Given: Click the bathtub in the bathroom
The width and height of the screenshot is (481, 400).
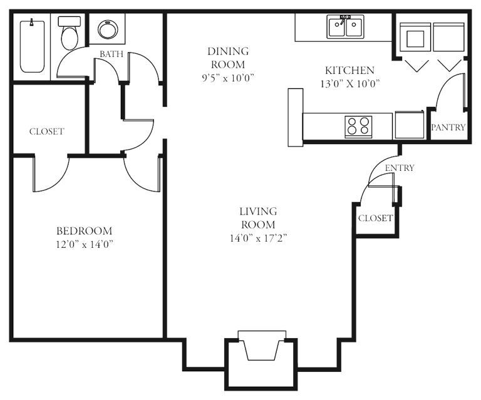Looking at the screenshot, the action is click(32, 46).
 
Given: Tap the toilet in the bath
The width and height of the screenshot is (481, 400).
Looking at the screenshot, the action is click(70, 33).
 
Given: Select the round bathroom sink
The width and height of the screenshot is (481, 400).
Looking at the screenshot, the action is click(107, 29).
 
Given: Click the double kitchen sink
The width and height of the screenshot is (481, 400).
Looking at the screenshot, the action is click(346, 27).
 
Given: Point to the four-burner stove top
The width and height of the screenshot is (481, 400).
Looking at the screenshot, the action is click(358, 126).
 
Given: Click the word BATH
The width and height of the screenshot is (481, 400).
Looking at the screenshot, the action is click(111, 54).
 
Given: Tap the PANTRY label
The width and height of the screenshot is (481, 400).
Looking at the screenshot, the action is click(448, 127).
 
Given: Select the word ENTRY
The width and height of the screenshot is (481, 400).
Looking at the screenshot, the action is click(400, 168).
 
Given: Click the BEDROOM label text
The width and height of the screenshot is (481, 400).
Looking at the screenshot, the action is click(85, 230).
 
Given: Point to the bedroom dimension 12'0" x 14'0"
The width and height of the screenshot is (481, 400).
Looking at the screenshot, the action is click(85, 244).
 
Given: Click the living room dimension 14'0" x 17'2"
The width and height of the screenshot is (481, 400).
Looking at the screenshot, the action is click(258, 238).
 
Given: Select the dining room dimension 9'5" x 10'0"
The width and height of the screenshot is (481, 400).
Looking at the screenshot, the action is click(228, 78).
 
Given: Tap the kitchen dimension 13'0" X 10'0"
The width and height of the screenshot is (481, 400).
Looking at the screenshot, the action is click(350, 84).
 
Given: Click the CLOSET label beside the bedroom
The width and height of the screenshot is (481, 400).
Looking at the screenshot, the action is click(46, 131).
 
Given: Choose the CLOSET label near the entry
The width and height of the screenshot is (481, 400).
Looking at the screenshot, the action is click(376, 218).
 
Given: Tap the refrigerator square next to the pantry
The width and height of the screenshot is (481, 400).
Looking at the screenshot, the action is click(409, 125).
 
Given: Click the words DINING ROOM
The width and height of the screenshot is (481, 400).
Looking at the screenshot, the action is click(228, 58).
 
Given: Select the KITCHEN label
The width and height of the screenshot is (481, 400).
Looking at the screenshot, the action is click(349, 71).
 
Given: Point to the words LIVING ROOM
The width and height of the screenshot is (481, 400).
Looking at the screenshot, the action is click(258, 218).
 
